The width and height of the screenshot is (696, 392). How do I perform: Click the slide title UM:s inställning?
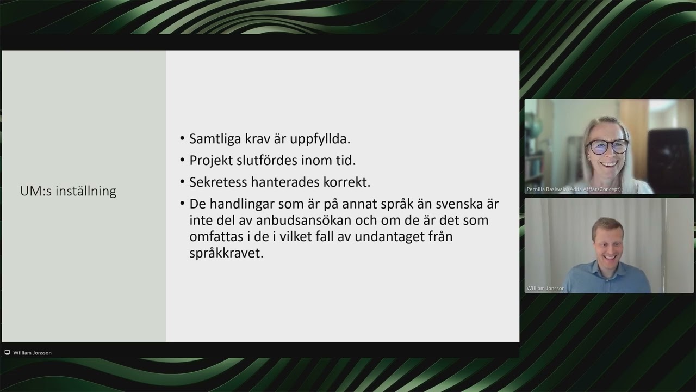pyautogui.click(x=68, y=192)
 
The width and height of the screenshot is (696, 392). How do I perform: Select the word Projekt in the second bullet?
pyautogui.click(x=210, y=161)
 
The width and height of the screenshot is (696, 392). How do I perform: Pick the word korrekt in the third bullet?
pyautogui.click(x=347, y=182)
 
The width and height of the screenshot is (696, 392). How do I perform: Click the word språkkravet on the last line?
pyautogui.click(x=226, y=254)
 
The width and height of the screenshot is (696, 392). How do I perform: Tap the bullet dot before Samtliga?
pyautogui.click(x=182, y=139)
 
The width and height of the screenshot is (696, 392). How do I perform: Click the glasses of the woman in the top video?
pyautogui.click(x=608, y=146)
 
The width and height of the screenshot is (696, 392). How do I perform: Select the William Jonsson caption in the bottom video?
pyautogui.click(x=545, y=288)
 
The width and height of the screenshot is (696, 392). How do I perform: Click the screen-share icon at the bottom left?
pyautogui.click(x=7, y=353)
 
